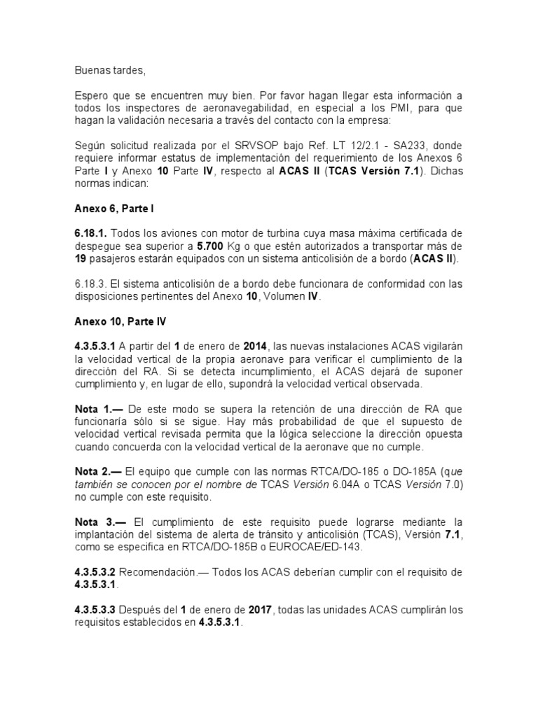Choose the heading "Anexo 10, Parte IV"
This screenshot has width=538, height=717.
(120, 321)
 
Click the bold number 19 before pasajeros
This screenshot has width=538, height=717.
(81, 258)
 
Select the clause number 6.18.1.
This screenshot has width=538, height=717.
(90, 233)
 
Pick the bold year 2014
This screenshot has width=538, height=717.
(257, 347)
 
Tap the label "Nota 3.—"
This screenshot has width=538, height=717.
(100, 523)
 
